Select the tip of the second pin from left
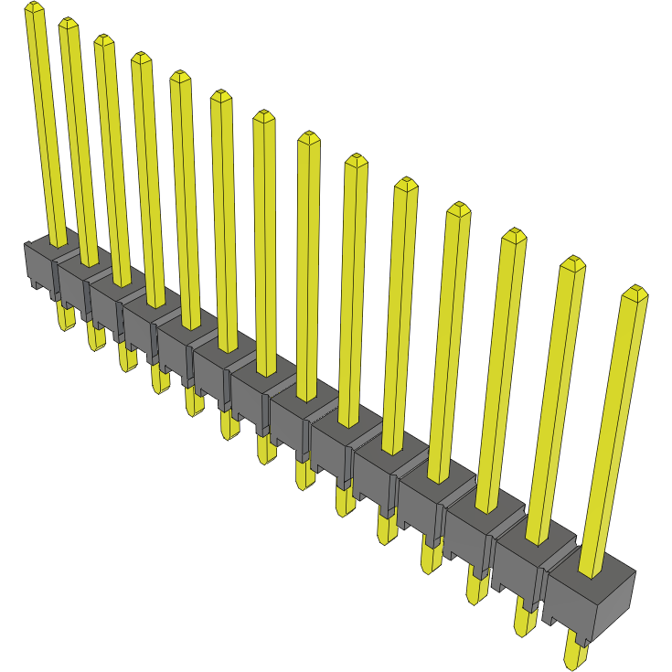point(68,23)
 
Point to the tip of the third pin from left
point(103,40)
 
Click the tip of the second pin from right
point(572,263)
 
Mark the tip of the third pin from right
point(514,235)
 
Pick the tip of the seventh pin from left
point(263,116)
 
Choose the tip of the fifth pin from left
point(180,77)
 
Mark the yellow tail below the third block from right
point(476,585)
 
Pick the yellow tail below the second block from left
point(95,336)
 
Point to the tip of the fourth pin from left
point(141,58)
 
